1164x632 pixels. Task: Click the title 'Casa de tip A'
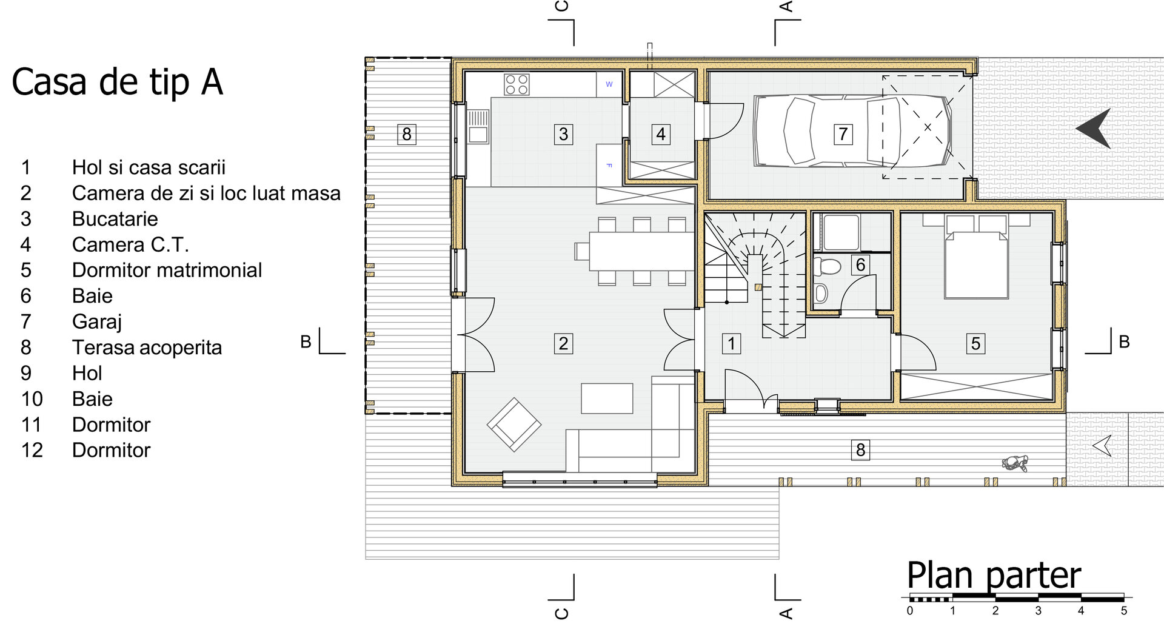[x=118, y=82]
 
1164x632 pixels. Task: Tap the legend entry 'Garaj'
[x=97, y=321]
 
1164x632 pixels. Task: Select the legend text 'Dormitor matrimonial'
[x=167, y=270]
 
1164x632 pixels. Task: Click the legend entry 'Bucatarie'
[x=115, y=218]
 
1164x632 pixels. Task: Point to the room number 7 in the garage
[x=843, y=133]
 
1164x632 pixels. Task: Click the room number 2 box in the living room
[x=563, y=343]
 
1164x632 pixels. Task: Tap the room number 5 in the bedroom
[x=975, y=343]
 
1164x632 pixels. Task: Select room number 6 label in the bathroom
[x=860, y=265]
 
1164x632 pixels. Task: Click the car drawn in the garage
[x=851, y=130]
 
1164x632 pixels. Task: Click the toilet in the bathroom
[x=828, y=266]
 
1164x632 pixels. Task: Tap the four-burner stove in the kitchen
[x=517, y=84]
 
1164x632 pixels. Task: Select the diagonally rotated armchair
[x=514, y=425]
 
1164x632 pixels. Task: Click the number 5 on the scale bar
[x=1123, y=611]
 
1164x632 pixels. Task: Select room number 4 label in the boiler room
[x=661, y=133]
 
